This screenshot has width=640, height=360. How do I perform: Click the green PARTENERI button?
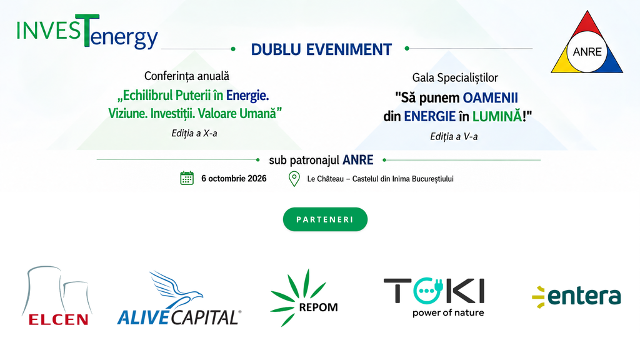pyautogui.click(x=325, y=219)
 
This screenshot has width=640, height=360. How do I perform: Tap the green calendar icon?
pyautogui.click(x=187, y=178)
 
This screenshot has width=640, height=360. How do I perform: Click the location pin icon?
pyautogui.click(x=294, y=179)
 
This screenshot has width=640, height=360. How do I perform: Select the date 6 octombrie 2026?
pyautogui.click(x=234, y=178)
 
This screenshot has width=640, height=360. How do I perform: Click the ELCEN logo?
pyautogui.click(x=57, y=296)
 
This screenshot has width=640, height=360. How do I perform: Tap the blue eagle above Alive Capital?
pyautogui.click(x=176, y=289)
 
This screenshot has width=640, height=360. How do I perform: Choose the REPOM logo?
pyautogui.click(x=304, y=297)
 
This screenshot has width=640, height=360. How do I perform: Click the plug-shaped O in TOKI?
pyautogui.click(x=427, y=290)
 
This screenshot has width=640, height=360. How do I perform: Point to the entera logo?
pyautogui.click(x=576, y=296)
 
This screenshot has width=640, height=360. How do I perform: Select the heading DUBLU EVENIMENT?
pyautogui.click(x=321, y=49)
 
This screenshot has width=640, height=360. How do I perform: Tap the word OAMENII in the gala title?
pyautogui.click(x=490, y=98)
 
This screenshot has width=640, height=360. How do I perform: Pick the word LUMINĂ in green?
pyautogui.click(x=497, y=117)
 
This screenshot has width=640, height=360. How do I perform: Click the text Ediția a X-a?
pyautogui.click(x=194, y=134)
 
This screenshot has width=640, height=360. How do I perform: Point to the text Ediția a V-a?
pyautogui.click(x=454, y=136)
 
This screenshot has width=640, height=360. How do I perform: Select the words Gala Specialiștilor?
pyautogui.click(x=455, y=77)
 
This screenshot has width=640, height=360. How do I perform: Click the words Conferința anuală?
pyautogui.click(x=186, y=76)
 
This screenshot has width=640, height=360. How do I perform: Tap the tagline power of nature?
pyautogui.click(x=448, y=313)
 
